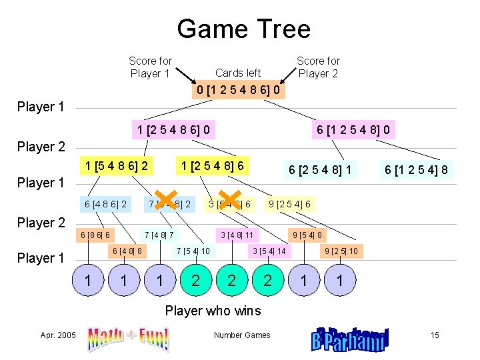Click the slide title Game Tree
pos(243,29)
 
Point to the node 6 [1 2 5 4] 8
pos(416,170)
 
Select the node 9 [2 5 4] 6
pos(289,204)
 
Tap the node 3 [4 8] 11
pos(237,235)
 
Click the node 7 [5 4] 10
pos(193,251)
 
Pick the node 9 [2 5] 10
pos(340,251)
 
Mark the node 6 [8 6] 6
pos(95,235)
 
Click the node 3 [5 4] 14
pos(268,251)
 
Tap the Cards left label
pos(238,73)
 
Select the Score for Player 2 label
pos(318,67)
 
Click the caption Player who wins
pos(213,311)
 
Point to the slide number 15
pos(435,335)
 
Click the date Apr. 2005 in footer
pos(58,335)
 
